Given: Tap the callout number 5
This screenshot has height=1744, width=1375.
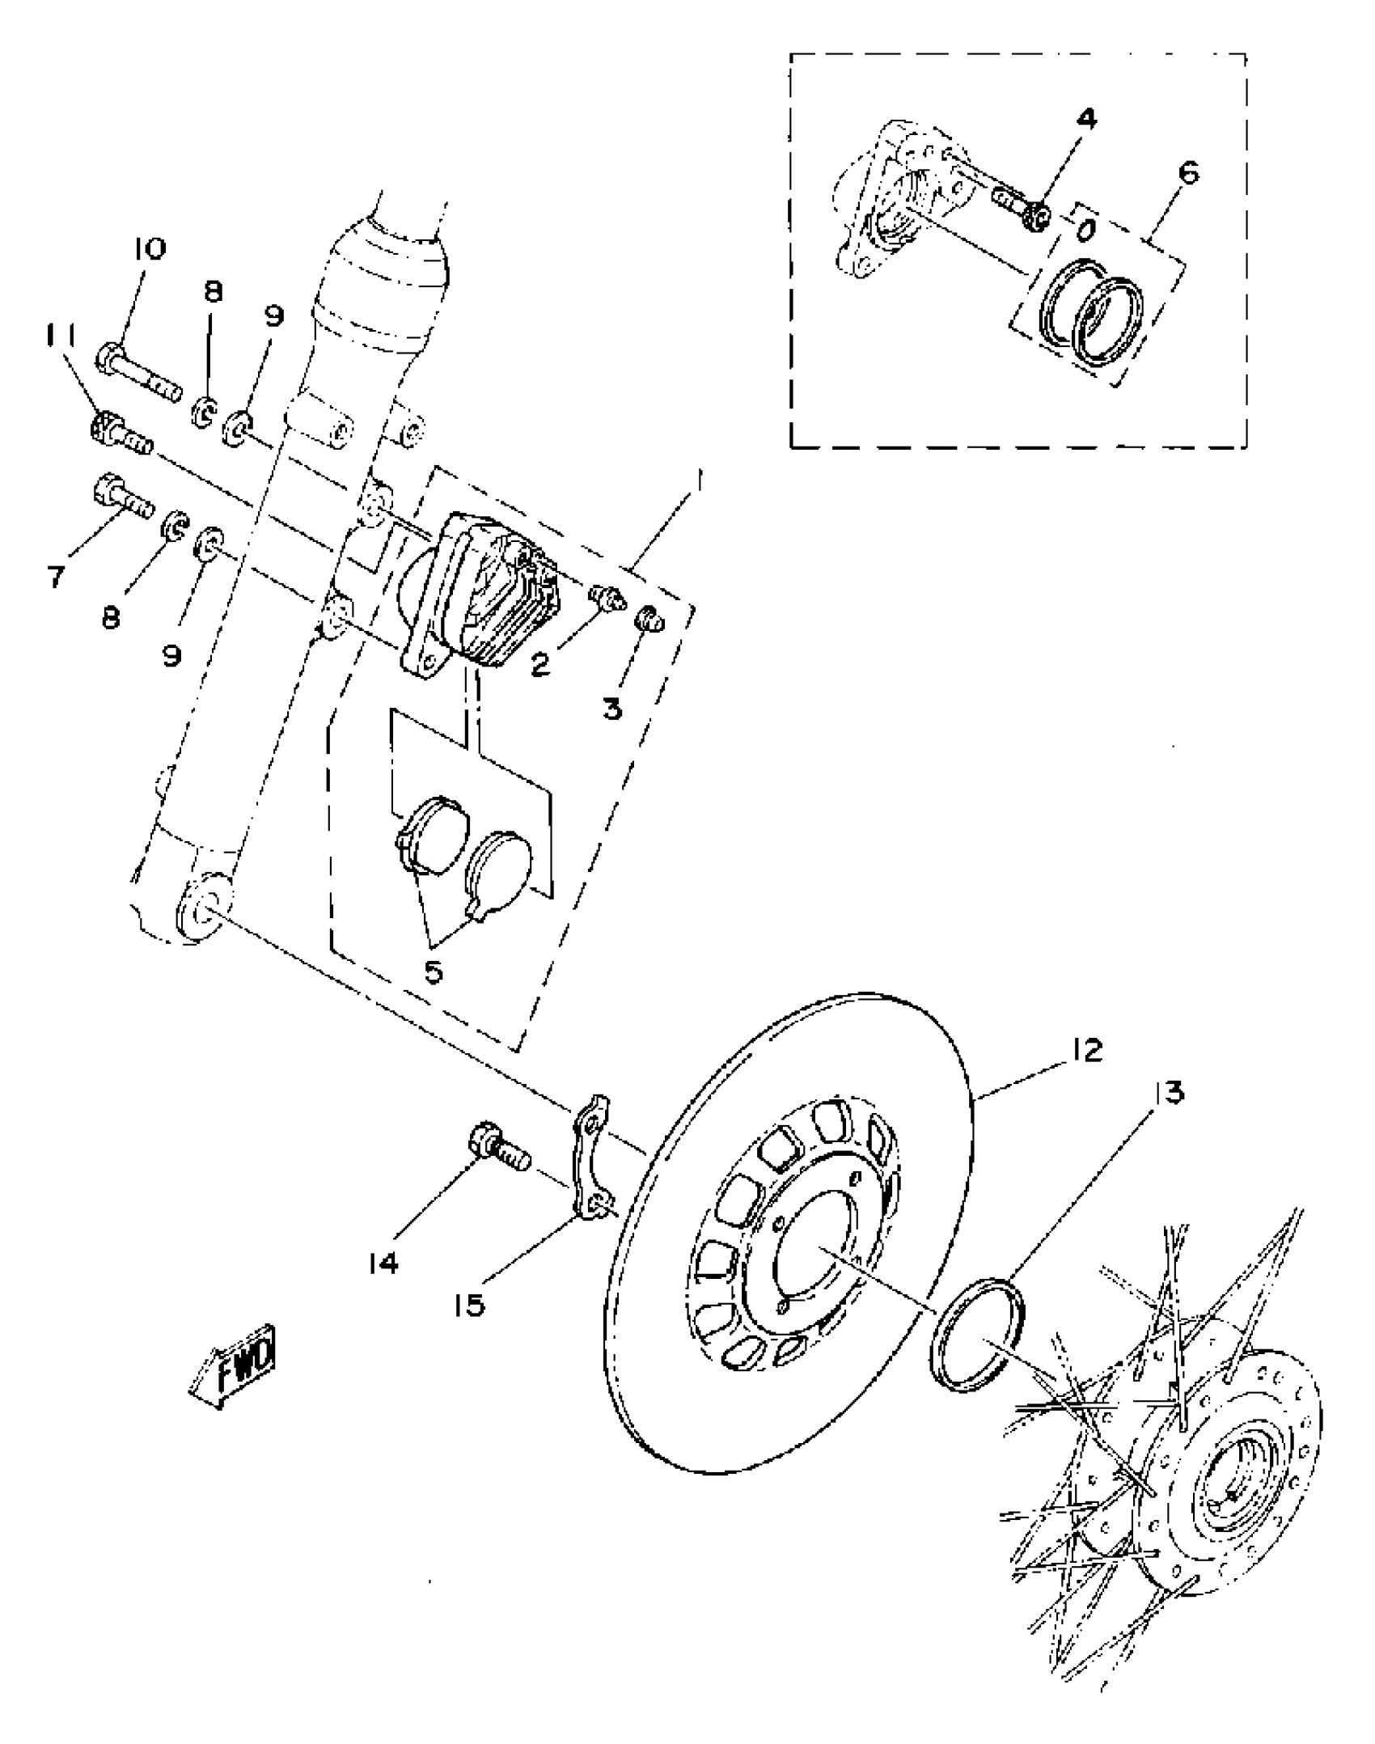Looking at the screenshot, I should pos(434,971).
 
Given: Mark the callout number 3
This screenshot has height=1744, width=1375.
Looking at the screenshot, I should pos(612,709).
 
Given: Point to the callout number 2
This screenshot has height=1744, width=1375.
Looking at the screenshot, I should pos(540,663).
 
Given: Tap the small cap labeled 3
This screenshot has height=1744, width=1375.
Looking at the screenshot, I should pos(649,621).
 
